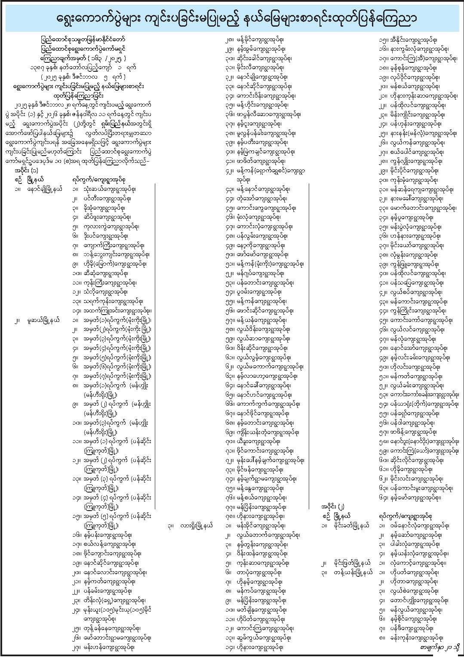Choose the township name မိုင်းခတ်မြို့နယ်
coord(351,526)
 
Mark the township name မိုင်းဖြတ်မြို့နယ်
coord(351,563)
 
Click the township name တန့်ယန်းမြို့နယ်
coord(351,572)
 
